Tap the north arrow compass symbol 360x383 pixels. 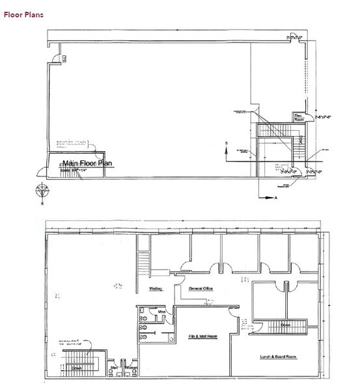42,192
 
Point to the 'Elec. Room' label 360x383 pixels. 299,117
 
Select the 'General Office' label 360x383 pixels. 202,287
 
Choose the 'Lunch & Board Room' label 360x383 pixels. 279,357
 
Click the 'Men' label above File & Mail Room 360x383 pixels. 161,311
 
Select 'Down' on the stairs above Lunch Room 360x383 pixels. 285,325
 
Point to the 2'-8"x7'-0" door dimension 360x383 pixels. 323,117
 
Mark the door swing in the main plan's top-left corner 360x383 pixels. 64,58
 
